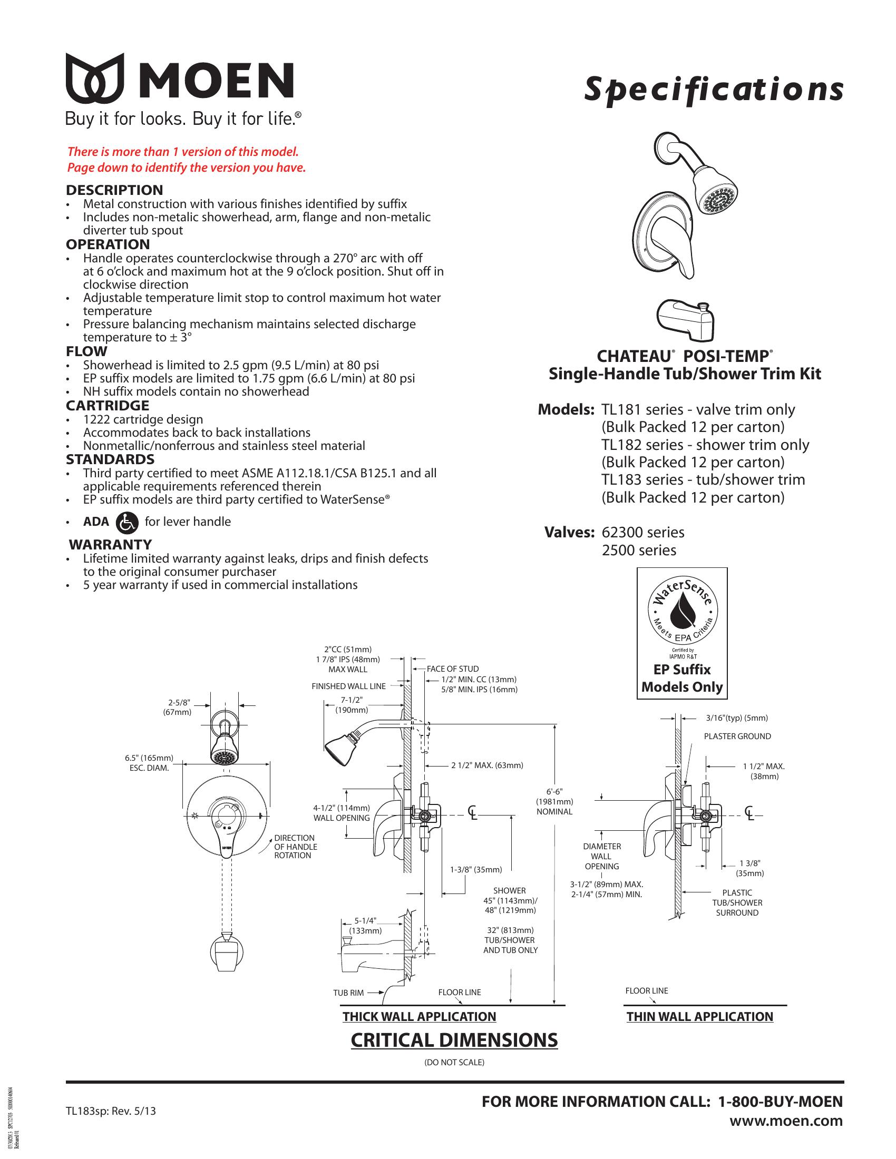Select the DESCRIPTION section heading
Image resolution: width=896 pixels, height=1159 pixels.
tap(114, 190)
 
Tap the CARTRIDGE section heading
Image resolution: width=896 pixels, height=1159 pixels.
tap(107, 406)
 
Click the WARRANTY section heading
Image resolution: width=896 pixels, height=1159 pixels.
tap(110, 545)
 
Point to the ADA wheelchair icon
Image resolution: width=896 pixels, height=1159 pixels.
tap(126, 522)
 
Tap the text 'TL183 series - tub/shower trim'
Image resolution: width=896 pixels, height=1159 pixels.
tap(703, 480)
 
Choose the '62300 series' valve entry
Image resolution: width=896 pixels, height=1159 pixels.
tap(643, 532)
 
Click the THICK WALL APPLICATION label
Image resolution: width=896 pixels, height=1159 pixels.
tap(419, 1017)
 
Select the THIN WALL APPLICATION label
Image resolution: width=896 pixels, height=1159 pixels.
tap(699, 1017)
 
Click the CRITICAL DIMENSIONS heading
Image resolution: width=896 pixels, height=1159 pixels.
tap(454, 1040)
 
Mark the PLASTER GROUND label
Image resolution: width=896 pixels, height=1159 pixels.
tap(737, 736)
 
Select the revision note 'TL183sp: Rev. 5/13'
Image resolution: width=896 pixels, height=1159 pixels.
tap(111, 1111)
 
